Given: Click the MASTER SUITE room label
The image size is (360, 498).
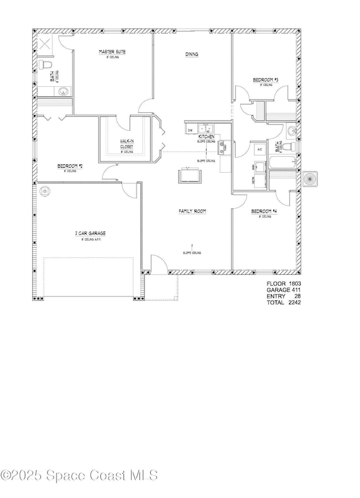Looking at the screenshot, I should tap(112, 52).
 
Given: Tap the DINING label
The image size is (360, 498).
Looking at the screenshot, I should tap(192, 54).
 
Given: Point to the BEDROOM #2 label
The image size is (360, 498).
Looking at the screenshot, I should tap(70, 166).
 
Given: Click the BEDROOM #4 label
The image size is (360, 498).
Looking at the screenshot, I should tap(263, 211).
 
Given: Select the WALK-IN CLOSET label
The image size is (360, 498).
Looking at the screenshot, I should tap(127, 144).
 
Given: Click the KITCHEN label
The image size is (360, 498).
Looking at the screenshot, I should tap(207, 136).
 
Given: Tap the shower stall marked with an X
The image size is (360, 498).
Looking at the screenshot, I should tap(45, 44).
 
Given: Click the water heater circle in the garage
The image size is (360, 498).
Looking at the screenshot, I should tap(45, 191).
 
